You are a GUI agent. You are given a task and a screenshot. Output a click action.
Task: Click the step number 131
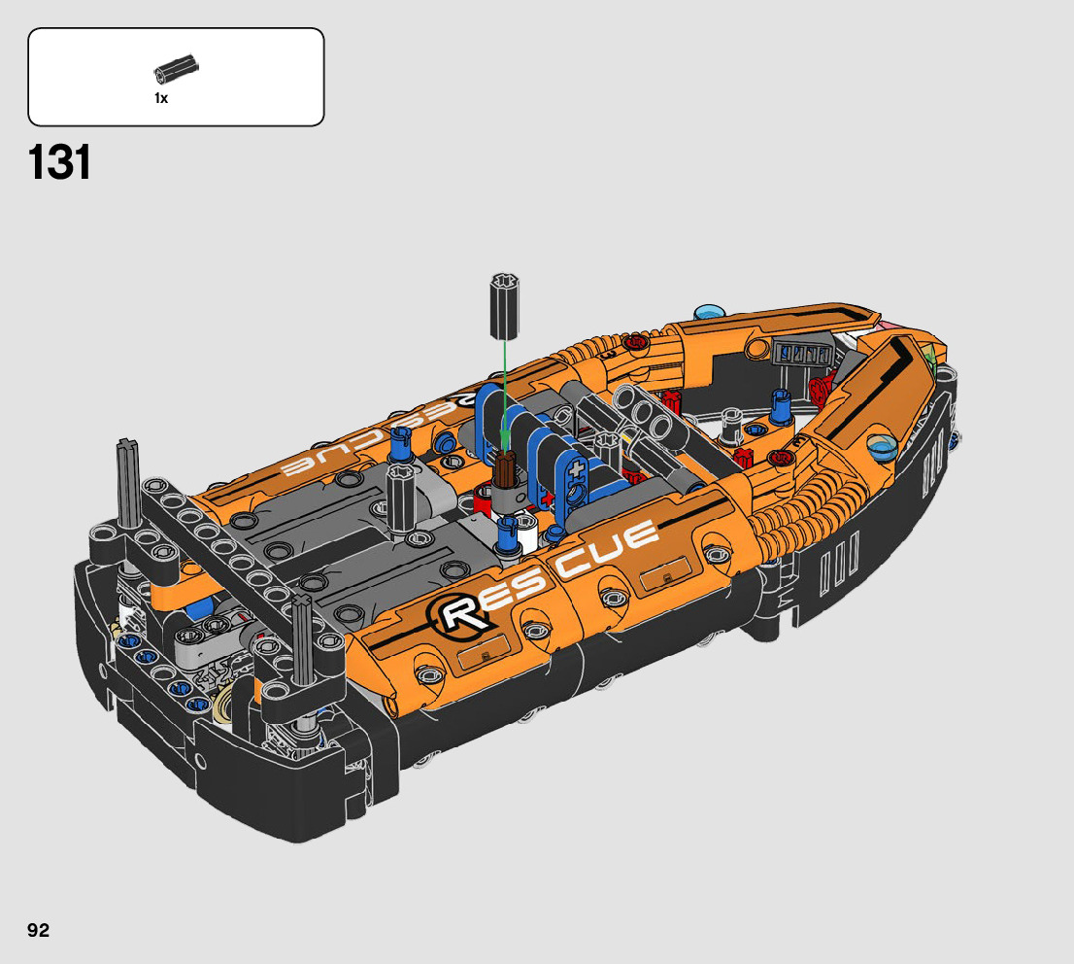click(x=59, y=163)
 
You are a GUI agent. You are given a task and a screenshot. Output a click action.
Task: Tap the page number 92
click(x=39, y=930)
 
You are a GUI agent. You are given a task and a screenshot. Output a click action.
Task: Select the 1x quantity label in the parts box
click(x=161, y=98)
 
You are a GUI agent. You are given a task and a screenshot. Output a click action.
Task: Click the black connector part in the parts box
click(x=176, y=69)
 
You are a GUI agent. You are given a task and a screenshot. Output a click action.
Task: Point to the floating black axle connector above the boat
click(x=505, y=306)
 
